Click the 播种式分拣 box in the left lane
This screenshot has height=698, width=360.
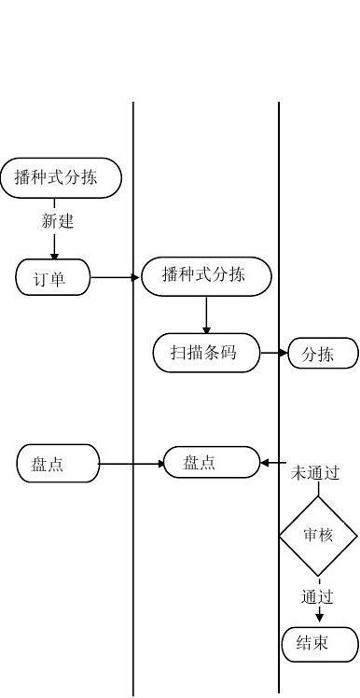click(61, 178)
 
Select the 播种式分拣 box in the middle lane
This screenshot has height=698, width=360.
click(206, 276)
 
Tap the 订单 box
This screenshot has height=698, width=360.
click(53, 278)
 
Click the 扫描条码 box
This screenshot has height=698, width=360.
click(206, 354)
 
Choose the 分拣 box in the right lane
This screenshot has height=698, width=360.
click(323, 355)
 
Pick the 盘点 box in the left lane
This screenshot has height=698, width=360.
click(58, 464)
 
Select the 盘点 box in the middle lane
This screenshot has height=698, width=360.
click(212, 463)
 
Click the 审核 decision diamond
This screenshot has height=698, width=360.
click(319, 536)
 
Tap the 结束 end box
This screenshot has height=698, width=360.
click(320, 644)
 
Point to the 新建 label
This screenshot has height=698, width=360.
click(57, 221)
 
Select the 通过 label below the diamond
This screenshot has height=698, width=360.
click(318, 595)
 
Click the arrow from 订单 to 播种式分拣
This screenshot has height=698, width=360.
click(116, 277)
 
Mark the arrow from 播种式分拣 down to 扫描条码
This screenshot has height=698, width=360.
click(206, 314)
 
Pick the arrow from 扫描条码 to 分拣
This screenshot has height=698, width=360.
click(274, 354)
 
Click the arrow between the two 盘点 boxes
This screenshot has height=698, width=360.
click(131, 464)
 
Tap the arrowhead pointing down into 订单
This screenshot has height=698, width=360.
click(54, 255)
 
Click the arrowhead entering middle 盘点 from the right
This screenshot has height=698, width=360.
click(265, 463)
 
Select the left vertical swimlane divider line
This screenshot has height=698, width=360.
click(133, 560)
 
